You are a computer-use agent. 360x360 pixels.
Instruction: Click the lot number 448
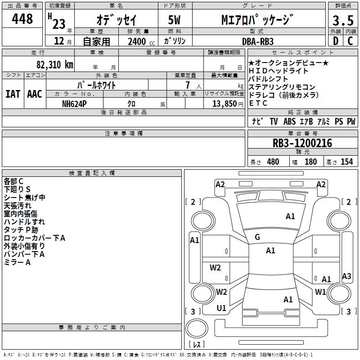[x=22, y=19]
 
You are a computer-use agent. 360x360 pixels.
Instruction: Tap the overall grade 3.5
[x=343, y=20]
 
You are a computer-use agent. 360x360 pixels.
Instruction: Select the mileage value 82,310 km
[x=55, y=65]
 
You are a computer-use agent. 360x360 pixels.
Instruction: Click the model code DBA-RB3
[x=258, y=41]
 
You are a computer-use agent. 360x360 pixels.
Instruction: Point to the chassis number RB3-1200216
[x=302, y=143]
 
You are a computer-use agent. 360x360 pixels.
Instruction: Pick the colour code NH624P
[x=74, y=104]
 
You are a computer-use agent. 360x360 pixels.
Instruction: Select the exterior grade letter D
[x=336, y=41]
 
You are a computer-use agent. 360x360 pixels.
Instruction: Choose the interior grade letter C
[x=350, y=41]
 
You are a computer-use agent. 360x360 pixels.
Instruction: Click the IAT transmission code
[x=13, y=94]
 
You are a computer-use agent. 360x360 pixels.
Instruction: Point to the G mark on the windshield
[x=257, y=237]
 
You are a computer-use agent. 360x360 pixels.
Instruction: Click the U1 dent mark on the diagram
[x=221, y=308]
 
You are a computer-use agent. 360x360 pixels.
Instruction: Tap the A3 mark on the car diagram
[x=346, y=276]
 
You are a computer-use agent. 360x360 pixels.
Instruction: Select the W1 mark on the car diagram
[x=320, y=292]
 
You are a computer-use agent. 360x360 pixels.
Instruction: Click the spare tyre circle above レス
[x=197, y=328]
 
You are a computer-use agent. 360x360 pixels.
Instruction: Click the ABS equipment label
[x=289, y=121]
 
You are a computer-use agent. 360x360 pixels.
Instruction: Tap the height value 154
[x=346, y=162]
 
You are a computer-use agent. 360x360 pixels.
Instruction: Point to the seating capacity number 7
[x=188, y=85]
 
